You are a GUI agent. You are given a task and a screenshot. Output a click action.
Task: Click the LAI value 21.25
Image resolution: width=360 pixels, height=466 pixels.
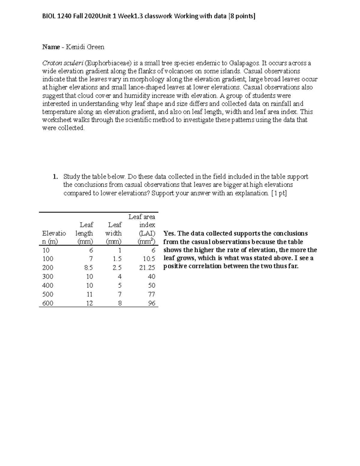click(x=147, y=267)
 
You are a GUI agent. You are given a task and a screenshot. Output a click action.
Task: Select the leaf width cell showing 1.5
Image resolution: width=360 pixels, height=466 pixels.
click(x=117, y=259)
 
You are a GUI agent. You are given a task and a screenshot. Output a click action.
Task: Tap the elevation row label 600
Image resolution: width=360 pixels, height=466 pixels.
click(x=48, y=303)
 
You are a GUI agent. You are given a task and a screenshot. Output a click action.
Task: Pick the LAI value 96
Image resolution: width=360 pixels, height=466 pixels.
click(x=151, y=303)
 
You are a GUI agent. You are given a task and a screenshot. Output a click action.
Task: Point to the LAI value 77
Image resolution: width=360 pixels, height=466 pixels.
click(x=151, y=294)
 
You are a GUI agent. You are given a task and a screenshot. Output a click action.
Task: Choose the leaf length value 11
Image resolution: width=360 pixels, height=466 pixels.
click(x=89, y=294)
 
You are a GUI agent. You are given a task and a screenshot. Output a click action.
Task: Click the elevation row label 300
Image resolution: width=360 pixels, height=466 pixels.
click(x=48, y=276)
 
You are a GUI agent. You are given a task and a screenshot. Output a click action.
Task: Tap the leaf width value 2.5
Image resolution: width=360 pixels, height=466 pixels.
click(x=117, y=267)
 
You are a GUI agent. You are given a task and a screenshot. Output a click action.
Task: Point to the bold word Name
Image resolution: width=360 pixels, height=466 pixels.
click(x=51, y=47)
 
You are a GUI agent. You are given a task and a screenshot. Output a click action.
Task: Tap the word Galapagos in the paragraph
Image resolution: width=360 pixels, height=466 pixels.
click(x=244, y=63)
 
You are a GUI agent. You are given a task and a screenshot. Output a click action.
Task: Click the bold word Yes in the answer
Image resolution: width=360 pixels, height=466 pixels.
click(x=169, y=233)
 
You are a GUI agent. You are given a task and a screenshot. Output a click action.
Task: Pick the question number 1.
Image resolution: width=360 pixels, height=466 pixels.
click(x=55, y=177)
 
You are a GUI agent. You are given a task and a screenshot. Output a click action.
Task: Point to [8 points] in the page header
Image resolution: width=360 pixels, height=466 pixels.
click(x=241, y=16)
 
